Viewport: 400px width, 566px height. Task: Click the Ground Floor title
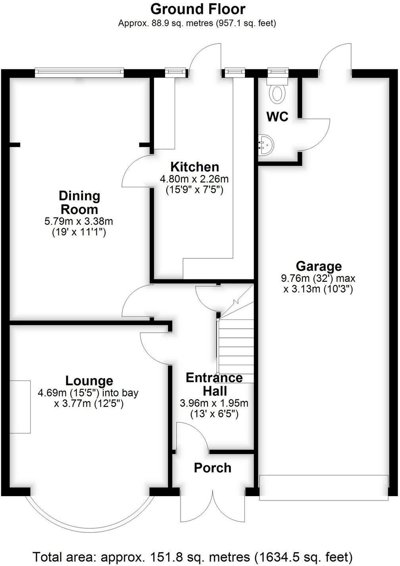pos(198,9)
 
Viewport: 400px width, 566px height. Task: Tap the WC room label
pos(277,117)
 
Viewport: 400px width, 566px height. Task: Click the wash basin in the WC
pos(265,144)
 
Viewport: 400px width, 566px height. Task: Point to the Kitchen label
pos(194,167)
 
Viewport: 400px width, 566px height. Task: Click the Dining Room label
pos(79,202)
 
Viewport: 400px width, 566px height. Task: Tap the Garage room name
pos(318,266)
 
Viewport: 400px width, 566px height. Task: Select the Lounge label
pos(89,381)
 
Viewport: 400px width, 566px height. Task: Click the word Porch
pos(213,468)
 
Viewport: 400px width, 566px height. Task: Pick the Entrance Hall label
pos(214,384)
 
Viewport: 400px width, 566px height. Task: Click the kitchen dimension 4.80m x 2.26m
pos(194,179)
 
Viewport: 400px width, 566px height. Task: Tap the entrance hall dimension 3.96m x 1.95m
pos(214,404)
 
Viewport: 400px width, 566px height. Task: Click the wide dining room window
pos(79,72)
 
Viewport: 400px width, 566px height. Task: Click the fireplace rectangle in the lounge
pos(20,407)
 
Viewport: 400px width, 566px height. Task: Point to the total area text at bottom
pos(192,557)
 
